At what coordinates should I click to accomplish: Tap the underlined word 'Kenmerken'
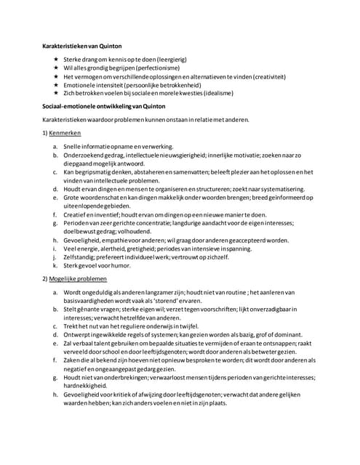66,135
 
